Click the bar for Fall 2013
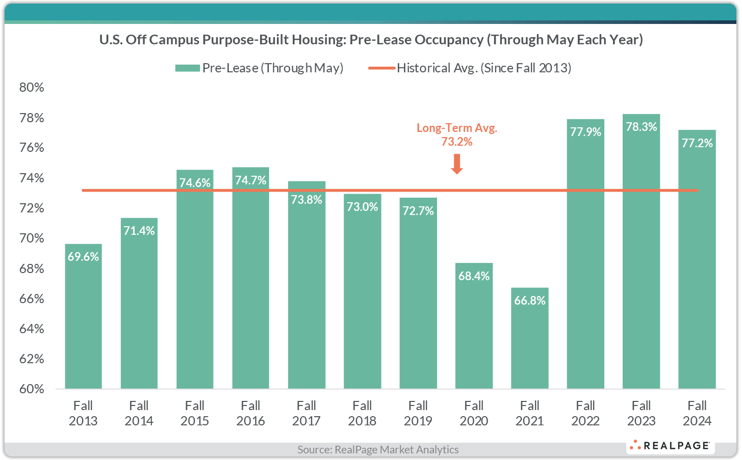(x=83, y=316)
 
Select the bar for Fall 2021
(x=530, y=338)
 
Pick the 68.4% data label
(x=474, y=276)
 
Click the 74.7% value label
(x=250, y=180)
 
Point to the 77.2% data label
(x=697, y=143)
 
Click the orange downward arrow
(x=457, y=164)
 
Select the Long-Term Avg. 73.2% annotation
(x=457, y=134)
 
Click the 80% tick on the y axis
(x=32, y=87)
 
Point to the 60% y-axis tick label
(x=32, y=389)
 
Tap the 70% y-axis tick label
(x=32, y=238)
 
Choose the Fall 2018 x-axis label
(x=362, y=413)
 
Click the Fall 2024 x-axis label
(x=697, y=413)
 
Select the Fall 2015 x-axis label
(x=195, y=413)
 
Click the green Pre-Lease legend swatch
(x=187, y=68)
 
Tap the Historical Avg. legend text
(x=483, y=68)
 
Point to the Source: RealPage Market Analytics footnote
(x=378, y=449)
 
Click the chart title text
(x=371, y=40)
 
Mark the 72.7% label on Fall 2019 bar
(x=418, y=211)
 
